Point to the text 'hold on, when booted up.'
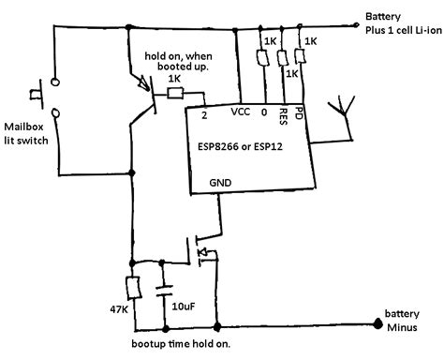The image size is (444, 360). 184,62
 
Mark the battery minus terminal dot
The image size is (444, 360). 378,325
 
